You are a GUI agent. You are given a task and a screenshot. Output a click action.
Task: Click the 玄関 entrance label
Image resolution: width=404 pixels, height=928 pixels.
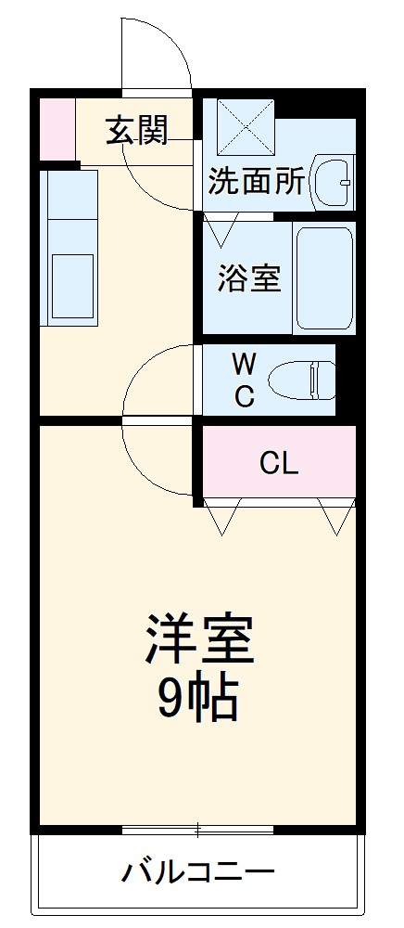tap(136, 131)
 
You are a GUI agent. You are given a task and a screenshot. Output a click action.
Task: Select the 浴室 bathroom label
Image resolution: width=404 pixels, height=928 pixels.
tap(249, 277)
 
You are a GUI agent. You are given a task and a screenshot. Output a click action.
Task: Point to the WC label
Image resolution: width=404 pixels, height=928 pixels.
tap(244, 379)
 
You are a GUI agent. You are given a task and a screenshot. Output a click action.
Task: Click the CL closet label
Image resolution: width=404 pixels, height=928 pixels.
tap(279, 463)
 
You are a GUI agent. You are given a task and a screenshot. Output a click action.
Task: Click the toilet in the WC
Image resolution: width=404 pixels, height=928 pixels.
tap(301, 379)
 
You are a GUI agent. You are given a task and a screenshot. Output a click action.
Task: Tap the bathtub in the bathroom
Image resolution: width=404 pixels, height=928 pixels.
tap(324, 276)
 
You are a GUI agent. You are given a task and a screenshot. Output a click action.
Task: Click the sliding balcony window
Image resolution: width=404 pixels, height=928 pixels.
tap(197, 827)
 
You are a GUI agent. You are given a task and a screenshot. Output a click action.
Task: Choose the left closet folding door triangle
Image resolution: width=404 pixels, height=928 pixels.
tap(222, 518)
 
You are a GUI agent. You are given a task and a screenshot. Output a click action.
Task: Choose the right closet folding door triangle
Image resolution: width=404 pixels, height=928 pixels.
tap(335, 518)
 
